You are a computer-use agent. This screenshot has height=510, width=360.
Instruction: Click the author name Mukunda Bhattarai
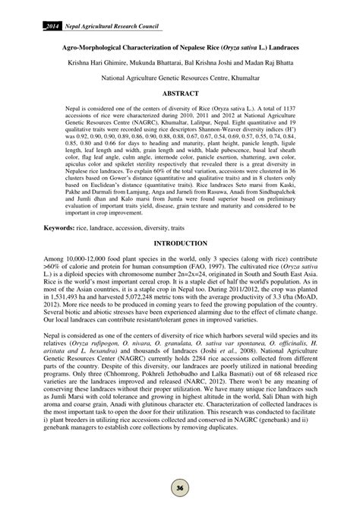coord(152,63)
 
